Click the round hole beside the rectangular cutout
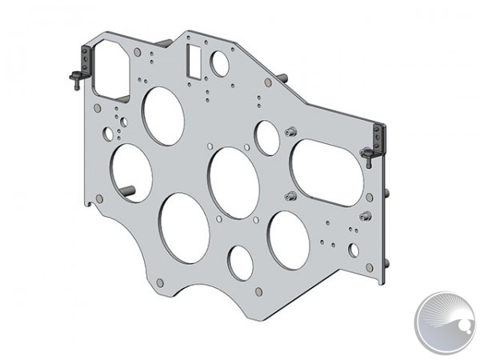[x=219, y=63]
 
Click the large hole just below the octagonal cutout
[x=162, y=116]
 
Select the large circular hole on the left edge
[x=132, y=173]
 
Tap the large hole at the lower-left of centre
[x=185, y=227]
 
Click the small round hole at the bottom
[x=240, y=263]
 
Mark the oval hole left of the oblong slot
[x=267, y=138]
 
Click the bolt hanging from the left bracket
[x=74, y=78]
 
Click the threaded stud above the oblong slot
[x=290, y=130]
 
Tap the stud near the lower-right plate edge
[x=366, y=214]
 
